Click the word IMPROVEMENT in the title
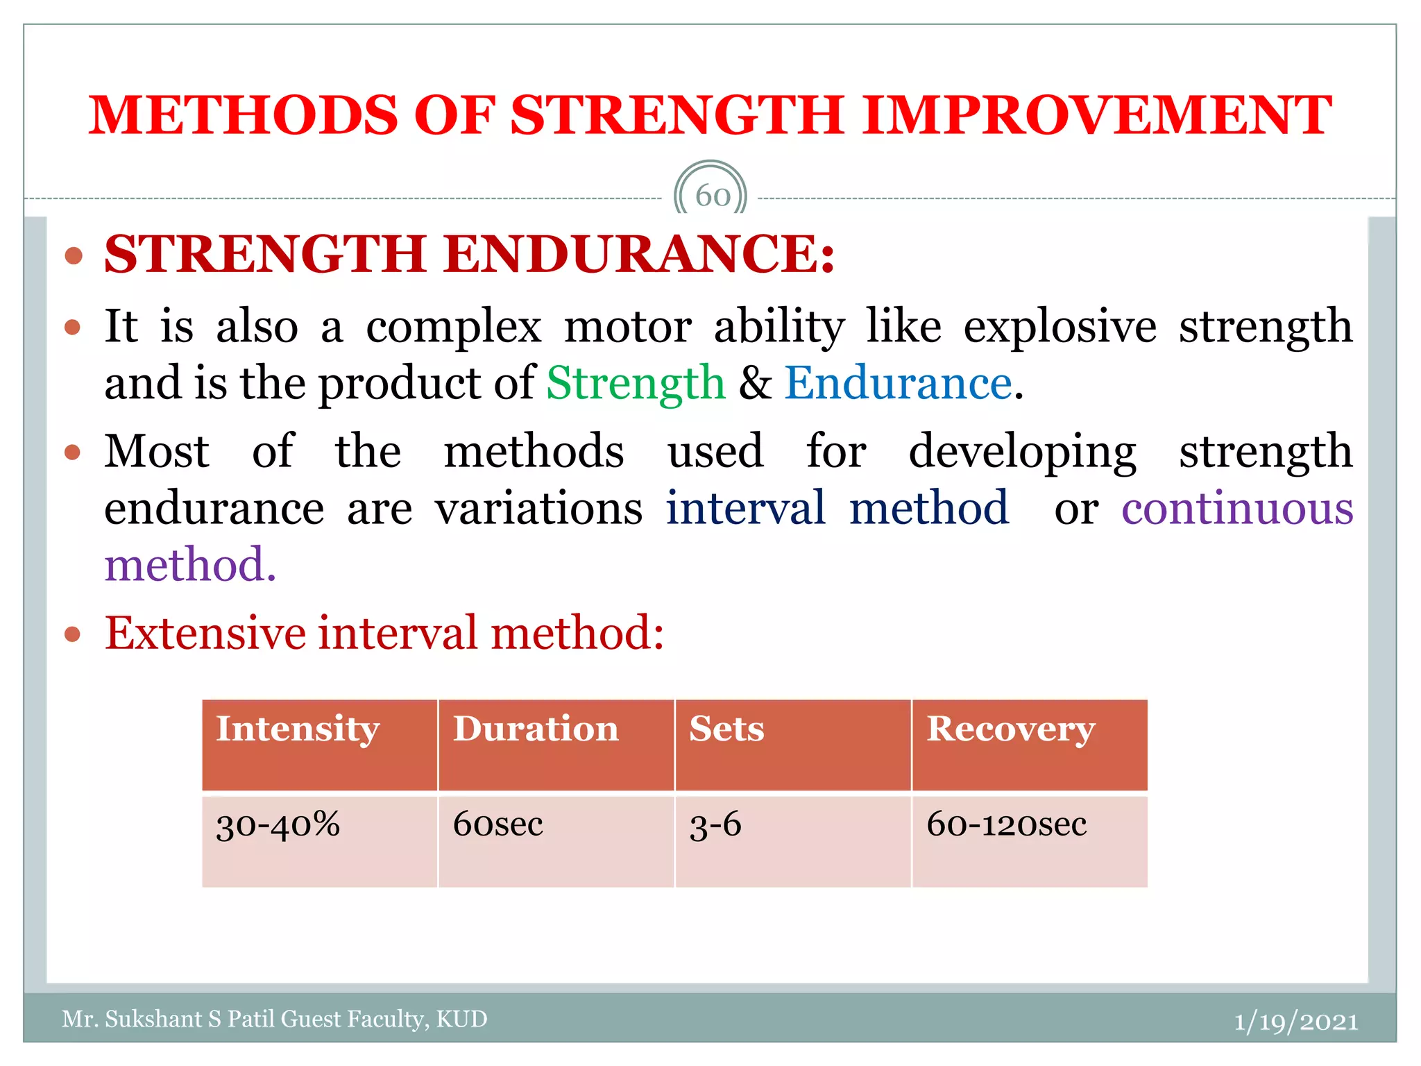click(x=1096, y=115)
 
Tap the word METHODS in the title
click(x=243, y=115)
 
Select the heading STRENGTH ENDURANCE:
click(x=470, y=254)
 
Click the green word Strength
click(x=636, y=383)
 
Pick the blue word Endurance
click(x=898, y=383)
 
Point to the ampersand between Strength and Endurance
click(x=755, y=383)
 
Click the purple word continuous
click(x=1236, y=508)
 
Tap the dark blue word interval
click(x=746, y=508)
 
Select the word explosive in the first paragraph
click(x=1060, y=326)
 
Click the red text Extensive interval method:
click(x=384, y=633)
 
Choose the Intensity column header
click(x=298, y=729)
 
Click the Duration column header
click(x=535, y=729)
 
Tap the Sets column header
click(x=726, y=729)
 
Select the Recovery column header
click(x=1010, y=729)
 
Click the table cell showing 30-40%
click(x=278, y=826)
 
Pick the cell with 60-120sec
click(x=1006, y=824)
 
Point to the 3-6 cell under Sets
click(x=715, y=826)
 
